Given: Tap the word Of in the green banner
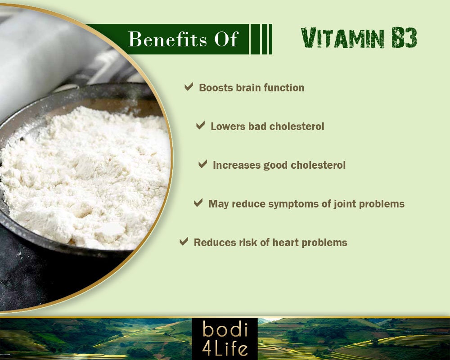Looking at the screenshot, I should tap(226, 39).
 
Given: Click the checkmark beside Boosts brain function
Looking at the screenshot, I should tap(189, 87).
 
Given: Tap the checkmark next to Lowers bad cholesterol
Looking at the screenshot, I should tap(201, 126).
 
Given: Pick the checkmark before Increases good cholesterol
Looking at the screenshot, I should tap(203, 165).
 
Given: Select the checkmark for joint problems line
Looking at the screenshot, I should tap(198, 203).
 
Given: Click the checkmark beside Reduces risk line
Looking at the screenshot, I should tap(184, 242).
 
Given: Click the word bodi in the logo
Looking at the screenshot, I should tap(225, 330).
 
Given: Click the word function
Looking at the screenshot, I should tap(284, 88).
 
